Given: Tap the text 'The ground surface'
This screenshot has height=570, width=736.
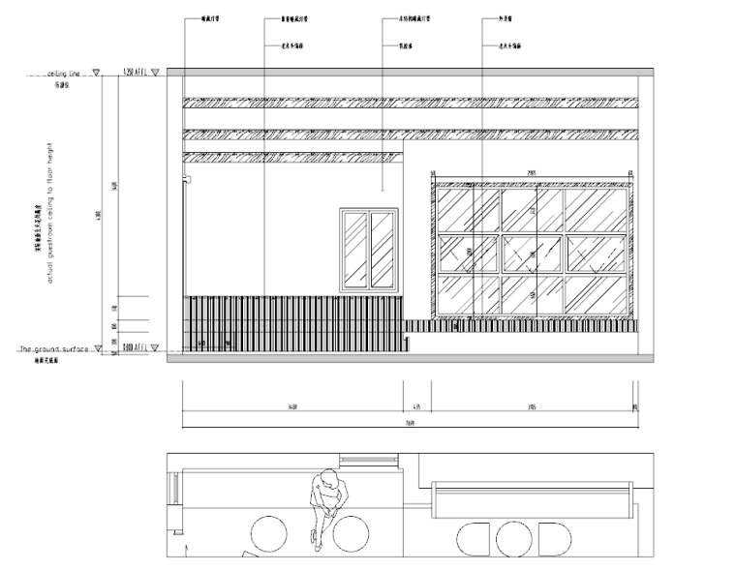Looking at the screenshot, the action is [54, 348].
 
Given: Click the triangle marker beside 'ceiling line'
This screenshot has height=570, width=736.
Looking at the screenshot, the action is [96, 73].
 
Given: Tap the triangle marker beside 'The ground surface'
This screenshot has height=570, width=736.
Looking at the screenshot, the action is [96, 348].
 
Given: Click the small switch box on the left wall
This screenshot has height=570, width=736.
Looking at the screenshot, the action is [187, 178].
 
